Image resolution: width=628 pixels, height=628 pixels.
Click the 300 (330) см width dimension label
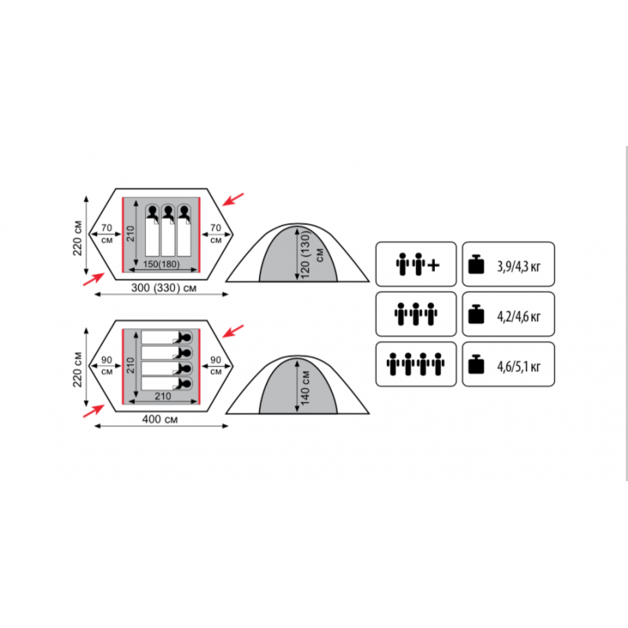tap(164, 287)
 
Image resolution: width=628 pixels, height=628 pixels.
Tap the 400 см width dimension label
tap(160, 419)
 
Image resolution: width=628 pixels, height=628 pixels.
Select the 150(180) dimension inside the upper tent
tap(162, 264)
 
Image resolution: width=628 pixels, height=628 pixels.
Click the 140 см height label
tap(305, 387)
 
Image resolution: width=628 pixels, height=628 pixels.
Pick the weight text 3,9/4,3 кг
tap(519, 266)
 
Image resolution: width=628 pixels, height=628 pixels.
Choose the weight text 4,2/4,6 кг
tap(519, 316)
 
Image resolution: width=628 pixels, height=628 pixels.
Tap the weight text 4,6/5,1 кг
tap(519, 367)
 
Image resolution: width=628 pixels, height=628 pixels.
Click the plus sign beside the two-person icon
tap(433, 265)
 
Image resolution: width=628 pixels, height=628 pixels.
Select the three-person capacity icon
tap(416, 314)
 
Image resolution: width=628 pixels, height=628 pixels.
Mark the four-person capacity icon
tap(415, 364)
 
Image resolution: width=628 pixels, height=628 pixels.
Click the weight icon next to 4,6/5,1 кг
tap(476, 364)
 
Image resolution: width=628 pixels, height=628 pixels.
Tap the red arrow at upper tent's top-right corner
tap(232, 199)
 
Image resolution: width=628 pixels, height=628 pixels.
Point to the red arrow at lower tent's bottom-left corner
tap(93, 411)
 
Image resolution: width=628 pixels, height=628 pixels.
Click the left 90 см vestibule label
tap(107, 365)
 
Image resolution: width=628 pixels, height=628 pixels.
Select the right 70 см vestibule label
tap(216, 233)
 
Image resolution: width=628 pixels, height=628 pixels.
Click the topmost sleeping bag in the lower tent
tap(166, 338)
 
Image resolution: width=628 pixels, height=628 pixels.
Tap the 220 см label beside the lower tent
tap(77, 370)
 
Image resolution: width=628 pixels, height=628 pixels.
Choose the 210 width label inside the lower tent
tap(163, 396)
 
